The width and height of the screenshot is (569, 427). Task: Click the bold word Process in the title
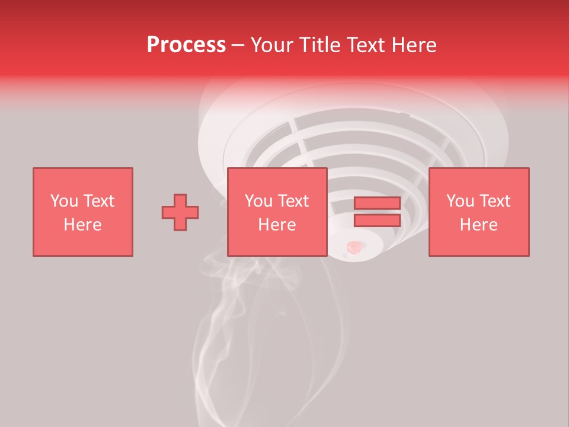[186, 45]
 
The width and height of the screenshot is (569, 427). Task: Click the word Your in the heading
[274, 45]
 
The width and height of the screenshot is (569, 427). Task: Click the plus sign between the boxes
[180, 212]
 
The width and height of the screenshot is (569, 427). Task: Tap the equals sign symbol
[377, 212]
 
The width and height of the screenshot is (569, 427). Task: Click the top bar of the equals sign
[377, 204]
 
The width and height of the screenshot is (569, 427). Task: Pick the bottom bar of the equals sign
[377, 221]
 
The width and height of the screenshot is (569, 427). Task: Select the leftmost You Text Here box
[82, 212]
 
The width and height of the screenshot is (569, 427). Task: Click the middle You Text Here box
[277, 212]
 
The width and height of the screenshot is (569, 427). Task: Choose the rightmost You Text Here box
[478, 212]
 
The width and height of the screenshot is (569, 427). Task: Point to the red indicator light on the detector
[354, 246]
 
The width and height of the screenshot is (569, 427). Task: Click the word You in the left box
[64, 201]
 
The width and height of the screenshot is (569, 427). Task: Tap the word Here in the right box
[478, 225]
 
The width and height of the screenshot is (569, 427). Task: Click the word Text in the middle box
[293, 201]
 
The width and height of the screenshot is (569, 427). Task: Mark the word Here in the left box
[82, 225]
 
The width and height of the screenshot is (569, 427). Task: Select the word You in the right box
[460, 201]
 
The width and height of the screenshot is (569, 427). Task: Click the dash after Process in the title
[238, 46]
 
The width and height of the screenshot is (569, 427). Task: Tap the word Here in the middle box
[277, 225]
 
